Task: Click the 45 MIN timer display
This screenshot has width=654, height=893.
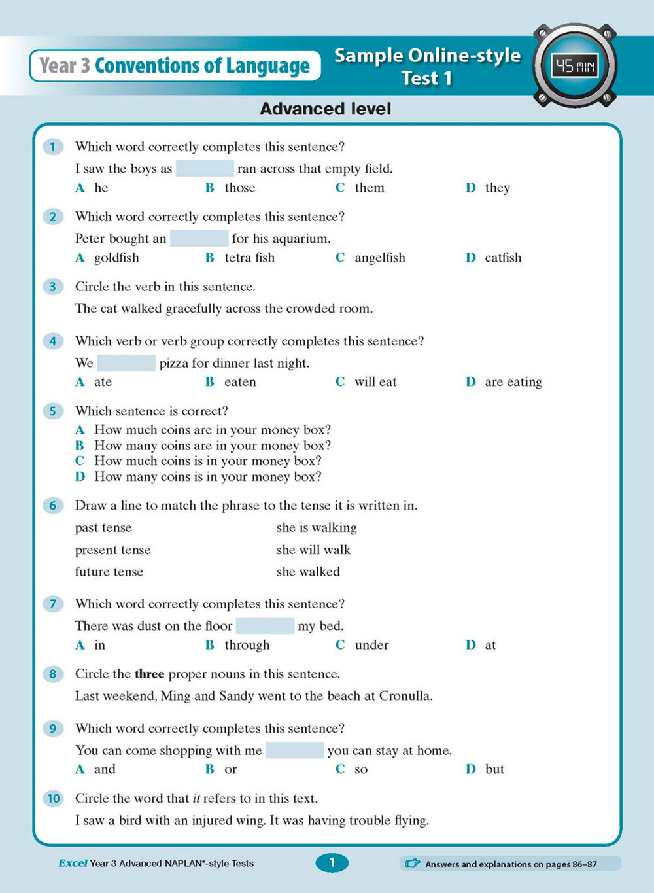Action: click(574, 65)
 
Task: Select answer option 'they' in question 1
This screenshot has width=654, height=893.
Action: click(497, 188)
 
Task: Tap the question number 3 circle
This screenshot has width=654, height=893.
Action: click(53, 287)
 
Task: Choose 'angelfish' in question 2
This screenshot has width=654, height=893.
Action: click(379, 258)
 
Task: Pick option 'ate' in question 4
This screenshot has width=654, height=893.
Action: click(103, 382)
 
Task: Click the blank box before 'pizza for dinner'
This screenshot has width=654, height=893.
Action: click(126, 363)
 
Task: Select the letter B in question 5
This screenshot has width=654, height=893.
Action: click(80, 446)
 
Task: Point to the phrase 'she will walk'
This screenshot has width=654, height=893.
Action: click(313, 550)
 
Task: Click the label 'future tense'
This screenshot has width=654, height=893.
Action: click(109, 572)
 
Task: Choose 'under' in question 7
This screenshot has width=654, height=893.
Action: click(371, 645)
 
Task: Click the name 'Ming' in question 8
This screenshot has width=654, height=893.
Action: click(175, 696)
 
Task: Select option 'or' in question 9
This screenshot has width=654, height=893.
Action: click(230, 769)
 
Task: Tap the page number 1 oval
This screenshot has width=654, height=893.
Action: click(332, 863)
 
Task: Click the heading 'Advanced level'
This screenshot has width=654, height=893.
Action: click(326, 109)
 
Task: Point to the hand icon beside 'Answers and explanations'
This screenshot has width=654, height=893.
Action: click(413, 864)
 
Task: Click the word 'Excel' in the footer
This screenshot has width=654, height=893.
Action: click(73, 864)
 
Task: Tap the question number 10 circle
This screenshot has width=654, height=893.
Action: click(53, 798)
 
